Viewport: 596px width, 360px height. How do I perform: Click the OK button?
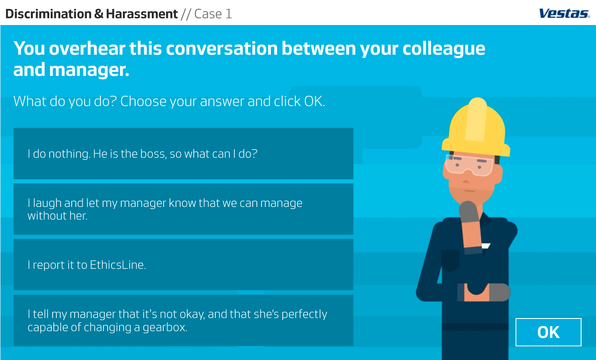click(x=549, y=332)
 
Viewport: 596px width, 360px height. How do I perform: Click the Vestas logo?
click(x=564, y=13)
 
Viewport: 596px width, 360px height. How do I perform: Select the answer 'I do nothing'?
click(x=183, y=153)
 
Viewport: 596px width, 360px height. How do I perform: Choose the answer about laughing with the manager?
click(x=183, y=209)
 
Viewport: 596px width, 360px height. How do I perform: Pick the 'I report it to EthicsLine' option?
click(x=183, y=265)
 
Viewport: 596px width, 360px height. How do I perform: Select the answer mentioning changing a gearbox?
click(x=183, y=320)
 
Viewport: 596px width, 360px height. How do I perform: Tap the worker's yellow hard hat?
click(x=476, y=128)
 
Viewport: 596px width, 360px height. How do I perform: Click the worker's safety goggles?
click(x=469, y=165)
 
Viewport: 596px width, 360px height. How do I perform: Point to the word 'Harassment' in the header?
click(x=142, y=14)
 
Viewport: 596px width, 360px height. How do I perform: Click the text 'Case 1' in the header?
click(x=213, y=14)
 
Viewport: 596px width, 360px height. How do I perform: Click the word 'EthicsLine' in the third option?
click(x=118, y=265)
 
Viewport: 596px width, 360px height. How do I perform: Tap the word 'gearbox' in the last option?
click(x=165, y=327)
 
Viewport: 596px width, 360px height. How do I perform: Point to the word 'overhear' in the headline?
click(x=106, y=48)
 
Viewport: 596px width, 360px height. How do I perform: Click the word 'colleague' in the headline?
click(x=444, y=49)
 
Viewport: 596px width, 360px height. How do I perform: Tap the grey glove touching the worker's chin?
click(x=469, y=212)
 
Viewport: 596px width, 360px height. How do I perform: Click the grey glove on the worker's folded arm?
click(x=499, y=292)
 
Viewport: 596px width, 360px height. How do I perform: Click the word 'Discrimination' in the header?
click(x=48, y=14)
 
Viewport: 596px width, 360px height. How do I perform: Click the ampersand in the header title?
click(x=99, y=14)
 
